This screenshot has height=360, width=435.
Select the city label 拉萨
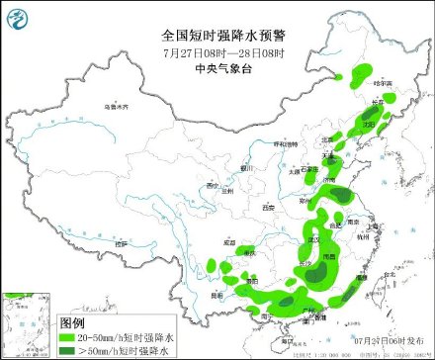click(121, 241)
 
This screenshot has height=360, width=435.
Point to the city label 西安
click(266, 207)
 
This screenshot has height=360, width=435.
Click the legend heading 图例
click(72, 322)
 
